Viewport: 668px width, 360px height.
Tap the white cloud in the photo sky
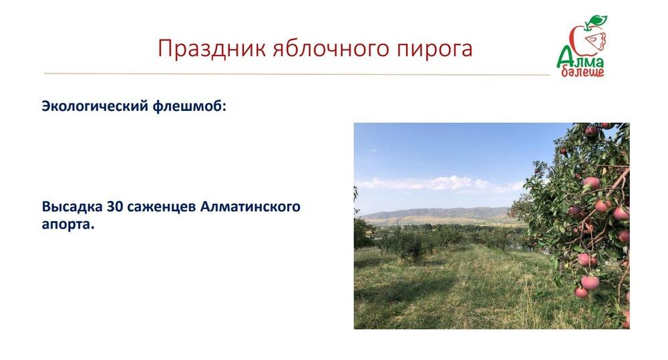pyautogui.click(x=441, y=182)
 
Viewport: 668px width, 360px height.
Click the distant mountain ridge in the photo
pyautogui.click(x=428, y=214)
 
